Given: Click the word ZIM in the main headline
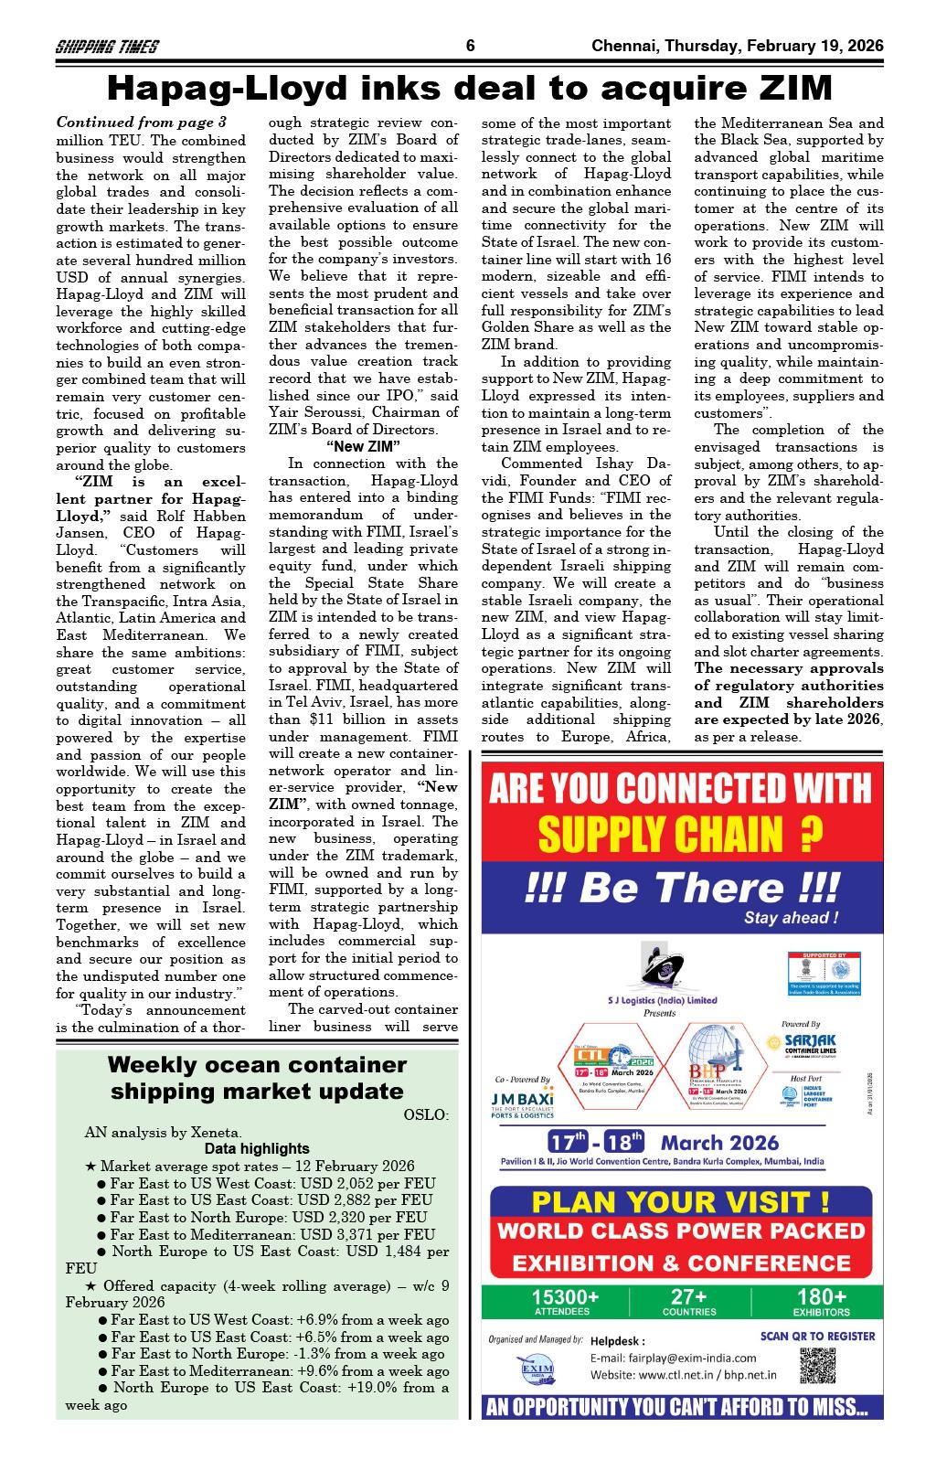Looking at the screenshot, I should (791, 89).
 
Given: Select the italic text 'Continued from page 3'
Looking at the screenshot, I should (141, 122).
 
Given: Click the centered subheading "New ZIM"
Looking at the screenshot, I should (363, 446).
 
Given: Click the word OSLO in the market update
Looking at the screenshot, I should (426, 1114).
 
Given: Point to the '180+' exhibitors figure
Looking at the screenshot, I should (821, 1296).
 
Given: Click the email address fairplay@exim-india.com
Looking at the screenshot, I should (673, 1358).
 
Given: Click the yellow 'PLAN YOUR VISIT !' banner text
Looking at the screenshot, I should (680, 1201).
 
